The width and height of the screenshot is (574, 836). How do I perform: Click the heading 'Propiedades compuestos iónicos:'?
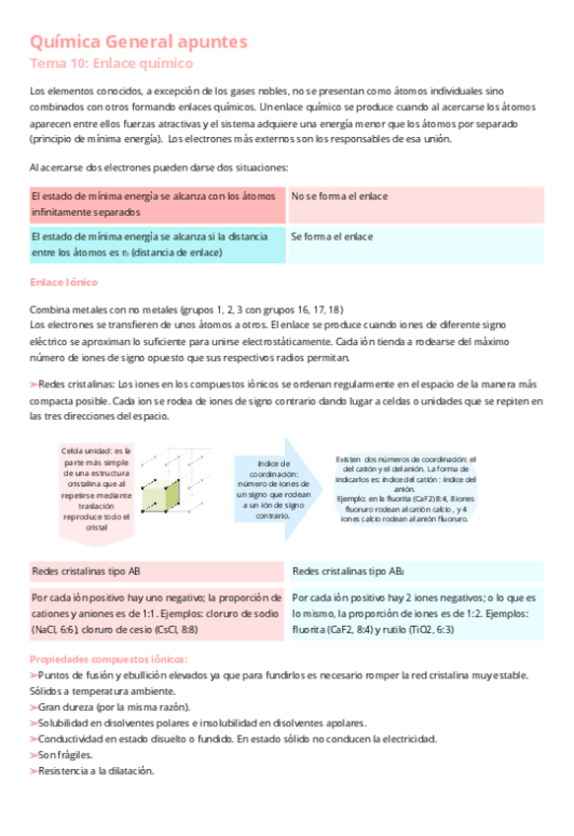(x=108, y=660)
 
